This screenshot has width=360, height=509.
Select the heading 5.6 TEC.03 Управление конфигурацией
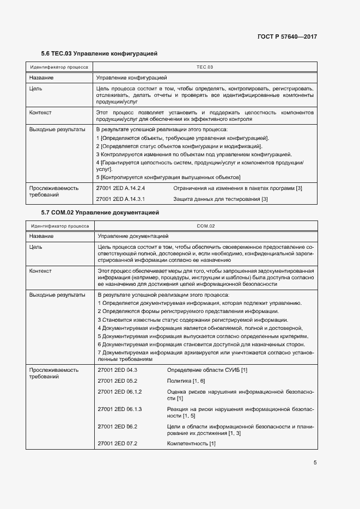click(99, 54)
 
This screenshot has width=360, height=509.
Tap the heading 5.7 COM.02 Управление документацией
click(100, 212)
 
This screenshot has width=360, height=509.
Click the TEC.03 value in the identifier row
click(204, 67)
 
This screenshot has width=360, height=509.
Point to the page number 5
click(315, 463)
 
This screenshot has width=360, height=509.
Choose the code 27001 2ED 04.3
click(117, 370)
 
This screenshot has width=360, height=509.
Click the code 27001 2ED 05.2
click(117, 381)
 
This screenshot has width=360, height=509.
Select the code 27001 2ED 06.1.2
click(119, 392)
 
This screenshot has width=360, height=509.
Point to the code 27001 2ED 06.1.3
click(119, 409)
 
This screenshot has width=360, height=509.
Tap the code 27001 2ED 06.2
click(117, 426)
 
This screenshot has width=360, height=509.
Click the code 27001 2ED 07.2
click(117, 444)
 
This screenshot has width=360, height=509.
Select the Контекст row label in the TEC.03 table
click(40, 112)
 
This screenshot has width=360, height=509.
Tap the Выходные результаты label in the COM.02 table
click(57, 295)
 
